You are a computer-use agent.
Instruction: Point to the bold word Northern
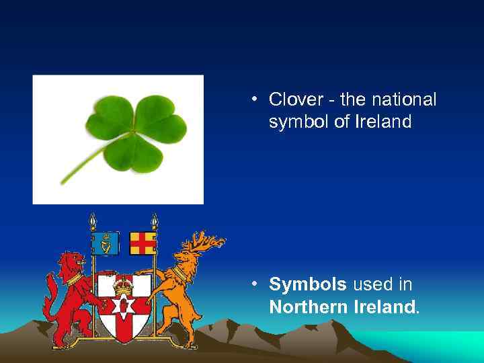[x=308, y=308]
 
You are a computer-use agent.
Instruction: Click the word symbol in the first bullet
[x=298, y=122]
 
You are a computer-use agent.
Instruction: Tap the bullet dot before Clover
[x=255, y=101]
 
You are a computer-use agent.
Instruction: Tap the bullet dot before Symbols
[x=255, y=285]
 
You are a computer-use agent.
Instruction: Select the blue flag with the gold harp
[x=106, y=243]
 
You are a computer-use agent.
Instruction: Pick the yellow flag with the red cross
[x=143, y=243]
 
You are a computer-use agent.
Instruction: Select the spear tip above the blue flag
[x=93, y=220]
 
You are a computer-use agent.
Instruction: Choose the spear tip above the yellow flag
[x=155, y=220]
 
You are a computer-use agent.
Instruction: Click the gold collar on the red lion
[x=74, y=278]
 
